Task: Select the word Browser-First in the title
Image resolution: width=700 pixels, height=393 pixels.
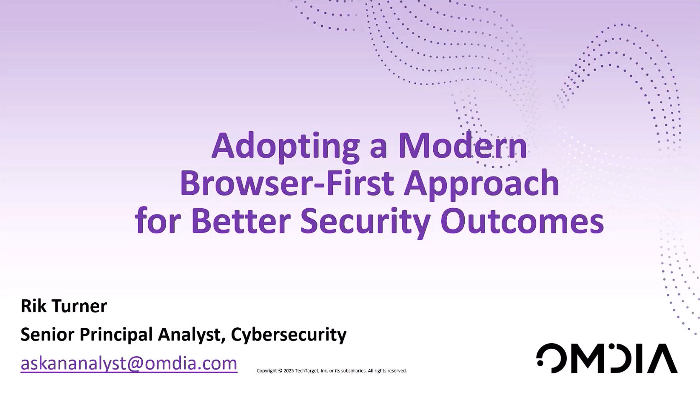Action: click(287, 183)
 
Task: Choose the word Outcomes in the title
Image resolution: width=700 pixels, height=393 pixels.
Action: click(522, 221)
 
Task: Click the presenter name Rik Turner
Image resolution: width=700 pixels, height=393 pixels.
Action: click(64, 306)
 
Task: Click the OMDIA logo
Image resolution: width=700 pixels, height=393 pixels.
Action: click(607, 358)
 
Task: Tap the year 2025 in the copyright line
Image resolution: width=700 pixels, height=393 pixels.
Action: click(289, 371)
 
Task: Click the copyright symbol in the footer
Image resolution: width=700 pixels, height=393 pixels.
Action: click(281, 371)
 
